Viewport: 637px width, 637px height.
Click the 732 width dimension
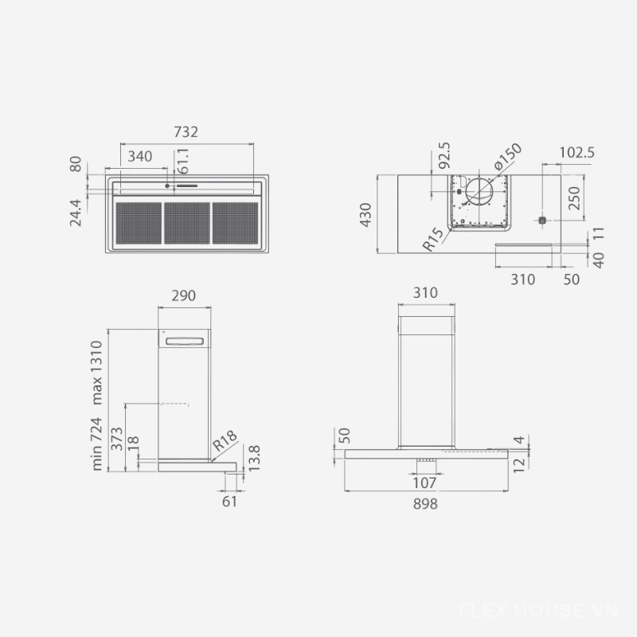tap(186, 132)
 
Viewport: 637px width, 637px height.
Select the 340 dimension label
tap(140, 156)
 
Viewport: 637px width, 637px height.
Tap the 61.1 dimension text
tap(183, 161)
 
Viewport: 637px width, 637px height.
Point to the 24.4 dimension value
tap(75, 213)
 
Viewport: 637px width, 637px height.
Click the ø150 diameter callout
tap(508, 156)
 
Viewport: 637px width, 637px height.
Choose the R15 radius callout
tap(433, 240)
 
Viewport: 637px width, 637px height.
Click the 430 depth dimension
tap(365, 215)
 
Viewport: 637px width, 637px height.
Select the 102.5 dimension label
tap(576, 153)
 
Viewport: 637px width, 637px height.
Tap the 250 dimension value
tap(574, 198)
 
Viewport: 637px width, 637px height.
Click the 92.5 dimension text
tap(444, 154)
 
